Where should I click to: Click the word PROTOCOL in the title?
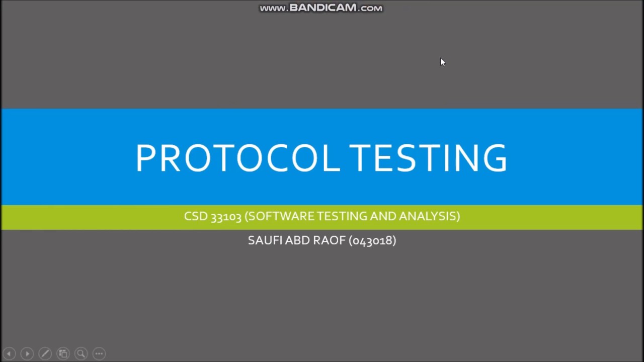(x=236, y=158)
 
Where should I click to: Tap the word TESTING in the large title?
(x=428, y=158)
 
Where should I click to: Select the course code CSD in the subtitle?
(x=196, y=216)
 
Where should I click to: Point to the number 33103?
(x=226, y=217)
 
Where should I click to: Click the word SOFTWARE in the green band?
(x=281, y=216)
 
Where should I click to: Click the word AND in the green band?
(x=383, y=216)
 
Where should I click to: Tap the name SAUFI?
(x=265, y=240)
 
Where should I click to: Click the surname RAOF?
(x=329, y=240)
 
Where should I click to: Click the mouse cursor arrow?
(x=442, y=62)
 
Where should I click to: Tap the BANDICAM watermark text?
(x=321, y=8)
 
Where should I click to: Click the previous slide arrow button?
(x=9, y=353)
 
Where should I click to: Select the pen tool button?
(x=45, y=353)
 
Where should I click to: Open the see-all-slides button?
(x=63, y=353)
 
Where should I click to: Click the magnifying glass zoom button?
(x=81, y=353)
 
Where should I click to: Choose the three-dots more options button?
(x=99, y=353)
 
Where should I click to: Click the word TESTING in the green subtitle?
(x=342, y=216)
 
